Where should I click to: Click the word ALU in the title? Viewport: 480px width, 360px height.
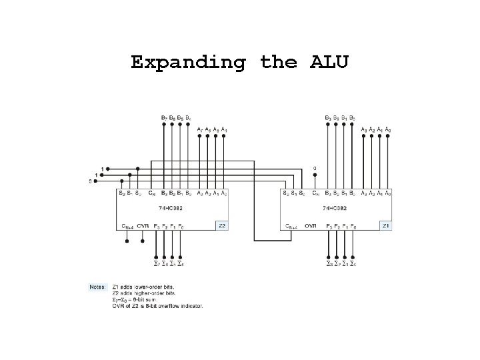tap(329, 63)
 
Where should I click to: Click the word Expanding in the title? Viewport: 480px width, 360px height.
tap(189, 63)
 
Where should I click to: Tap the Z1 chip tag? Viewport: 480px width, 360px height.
tap(385, 226)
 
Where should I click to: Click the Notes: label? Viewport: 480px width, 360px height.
tap(97, 287)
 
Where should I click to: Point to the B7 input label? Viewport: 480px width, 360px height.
tap(165, 118)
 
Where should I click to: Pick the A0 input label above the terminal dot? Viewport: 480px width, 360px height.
tap(388, 129)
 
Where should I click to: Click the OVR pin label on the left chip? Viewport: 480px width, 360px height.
tap(142, 226)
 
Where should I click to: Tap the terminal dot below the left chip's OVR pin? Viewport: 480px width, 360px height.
tap(142, 241)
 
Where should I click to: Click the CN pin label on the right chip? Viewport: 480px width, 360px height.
tap(315, 193)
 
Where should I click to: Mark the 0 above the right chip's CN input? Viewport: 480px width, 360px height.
tap(315, 167)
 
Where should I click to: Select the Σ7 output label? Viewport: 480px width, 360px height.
tap(157, 264)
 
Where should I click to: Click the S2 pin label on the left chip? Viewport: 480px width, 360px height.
tap(121, 193)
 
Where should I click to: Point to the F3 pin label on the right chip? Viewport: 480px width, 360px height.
tap(329, 226)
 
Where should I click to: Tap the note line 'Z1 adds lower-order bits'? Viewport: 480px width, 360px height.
tap(143, 287)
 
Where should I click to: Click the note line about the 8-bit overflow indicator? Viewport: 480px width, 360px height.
tap(158, 306)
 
